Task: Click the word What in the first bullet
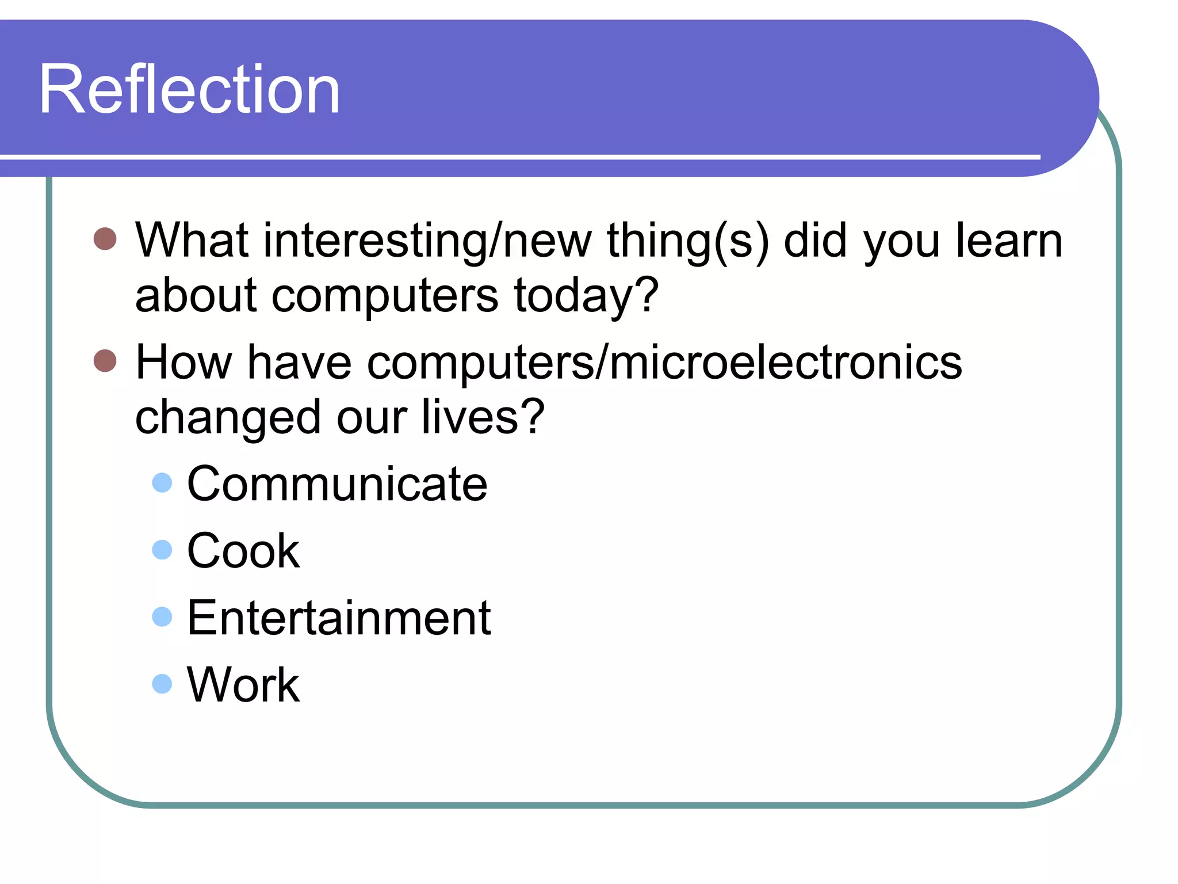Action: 192,240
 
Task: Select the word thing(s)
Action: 688,241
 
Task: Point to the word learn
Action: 1009,240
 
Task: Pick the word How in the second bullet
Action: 183,362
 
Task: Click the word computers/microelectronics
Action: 664,363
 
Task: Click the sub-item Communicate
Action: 337,484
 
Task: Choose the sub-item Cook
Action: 243,551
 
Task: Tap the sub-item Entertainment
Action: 339,618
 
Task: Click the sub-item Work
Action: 243,684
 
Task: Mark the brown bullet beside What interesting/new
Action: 105,238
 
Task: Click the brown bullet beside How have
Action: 105,361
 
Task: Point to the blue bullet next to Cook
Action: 162,550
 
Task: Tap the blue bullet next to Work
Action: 162,684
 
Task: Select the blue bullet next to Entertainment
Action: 162,616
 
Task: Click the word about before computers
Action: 196,296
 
